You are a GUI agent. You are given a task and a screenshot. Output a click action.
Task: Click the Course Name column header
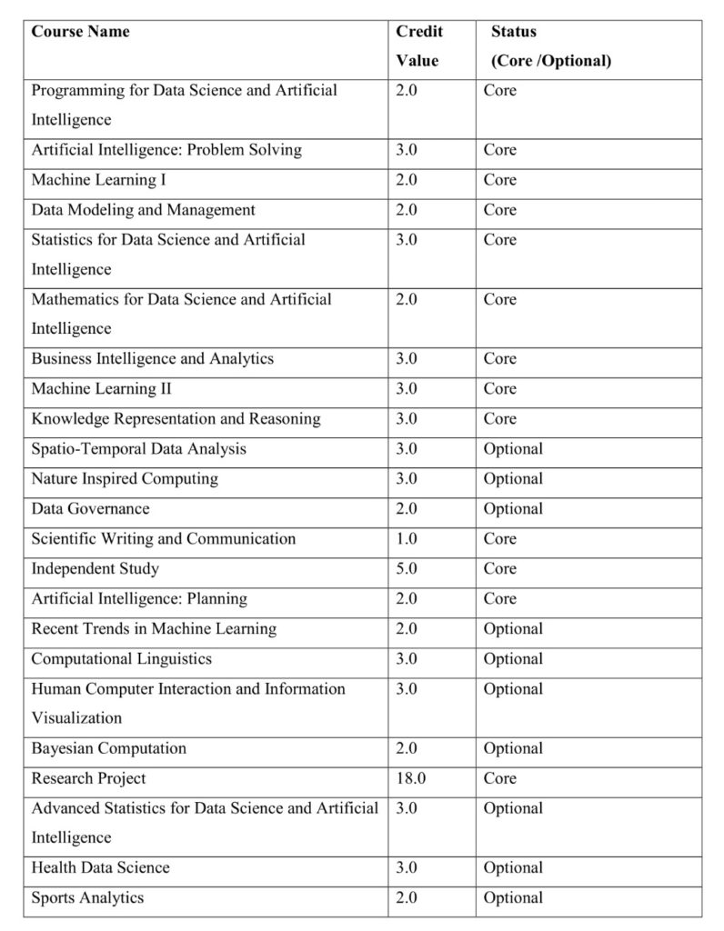click(x=81, y=32)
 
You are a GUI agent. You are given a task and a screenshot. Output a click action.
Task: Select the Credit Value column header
click(x=418, y=45)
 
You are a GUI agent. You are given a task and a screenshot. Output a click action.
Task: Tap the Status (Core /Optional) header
click(x=550, y=45)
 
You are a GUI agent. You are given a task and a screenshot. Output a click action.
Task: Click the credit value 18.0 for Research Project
click(x=410, y=778)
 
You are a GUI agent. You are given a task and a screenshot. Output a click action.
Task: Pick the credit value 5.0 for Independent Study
click(x=407, y=568)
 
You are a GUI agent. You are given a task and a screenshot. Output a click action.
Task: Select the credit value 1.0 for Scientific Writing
click(x=407, y=538)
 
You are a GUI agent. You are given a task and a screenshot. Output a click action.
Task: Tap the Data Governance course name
click(x=90, y=508)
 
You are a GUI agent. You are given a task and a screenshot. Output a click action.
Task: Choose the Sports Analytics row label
click(x=87, y=897)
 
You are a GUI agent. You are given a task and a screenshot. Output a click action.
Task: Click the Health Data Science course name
click(x=100, y=867)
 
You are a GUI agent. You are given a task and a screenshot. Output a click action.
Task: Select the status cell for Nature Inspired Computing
click(x=513, y=478)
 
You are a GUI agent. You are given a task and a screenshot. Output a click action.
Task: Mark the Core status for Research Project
click(x=499, y=778)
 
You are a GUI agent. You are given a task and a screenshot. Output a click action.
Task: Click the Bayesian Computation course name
click(x=108, y=748)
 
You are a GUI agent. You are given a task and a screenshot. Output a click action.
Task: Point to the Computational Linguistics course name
click(x=121, y=658)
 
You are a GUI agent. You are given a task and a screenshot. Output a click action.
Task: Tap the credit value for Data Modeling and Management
click(x=407, y=209)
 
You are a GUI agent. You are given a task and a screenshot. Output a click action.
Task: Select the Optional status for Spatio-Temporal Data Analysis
click(x=513, y=448)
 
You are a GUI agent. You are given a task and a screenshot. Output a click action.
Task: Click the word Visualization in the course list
click(x=76, y=717)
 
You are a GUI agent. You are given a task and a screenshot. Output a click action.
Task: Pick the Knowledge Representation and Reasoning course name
click(x=176, y=418)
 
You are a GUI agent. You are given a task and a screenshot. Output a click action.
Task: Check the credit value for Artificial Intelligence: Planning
click(x=407, y=598)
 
